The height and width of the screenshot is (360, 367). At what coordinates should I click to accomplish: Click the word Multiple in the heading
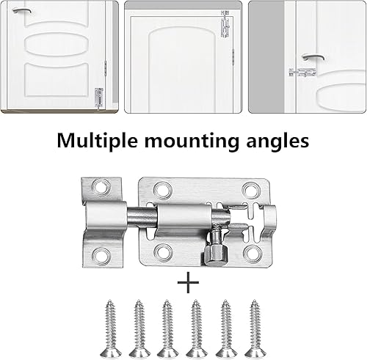pos(97,141)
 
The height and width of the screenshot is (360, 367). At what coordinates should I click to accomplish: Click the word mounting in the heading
pos(192,142)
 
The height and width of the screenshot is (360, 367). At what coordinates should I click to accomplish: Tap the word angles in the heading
pos(277,142)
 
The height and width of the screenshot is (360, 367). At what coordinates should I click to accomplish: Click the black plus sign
pos(188,282)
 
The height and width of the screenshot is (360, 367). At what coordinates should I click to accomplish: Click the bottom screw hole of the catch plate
pos(101,256)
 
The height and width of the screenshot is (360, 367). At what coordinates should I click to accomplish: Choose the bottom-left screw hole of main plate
pos(163,252)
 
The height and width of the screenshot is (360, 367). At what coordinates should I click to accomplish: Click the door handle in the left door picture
pos(21,10)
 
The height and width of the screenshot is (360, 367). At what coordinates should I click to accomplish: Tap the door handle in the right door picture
pos(313,57)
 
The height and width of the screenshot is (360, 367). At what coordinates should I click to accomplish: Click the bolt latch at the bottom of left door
pos(99,98)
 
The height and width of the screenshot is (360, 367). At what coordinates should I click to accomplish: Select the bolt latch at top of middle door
pos(225,24)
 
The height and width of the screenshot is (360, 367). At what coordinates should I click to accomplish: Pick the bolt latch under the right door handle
pos(302,73)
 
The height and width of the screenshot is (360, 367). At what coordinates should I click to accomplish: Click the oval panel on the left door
pos(57,44)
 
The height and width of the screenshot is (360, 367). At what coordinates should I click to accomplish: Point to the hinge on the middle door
pos(233,56)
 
